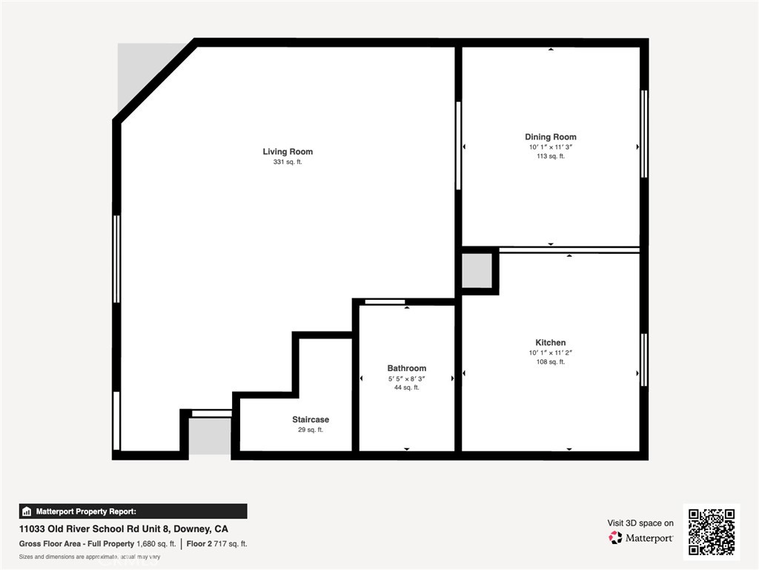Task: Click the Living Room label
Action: tap(288, 151)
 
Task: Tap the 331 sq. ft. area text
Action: tap(288, 162)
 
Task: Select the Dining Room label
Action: tap(550, 137)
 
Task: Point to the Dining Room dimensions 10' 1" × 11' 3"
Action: tap(550, 147)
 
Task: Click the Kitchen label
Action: tap(550, 342)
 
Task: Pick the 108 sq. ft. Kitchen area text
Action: tap(550, 361)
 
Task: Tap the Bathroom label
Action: tap(406, 368)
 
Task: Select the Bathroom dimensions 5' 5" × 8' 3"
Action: tap(406, 379)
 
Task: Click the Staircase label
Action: tap(310, 419)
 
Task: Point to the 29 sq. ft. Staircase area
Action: tap(310, 430)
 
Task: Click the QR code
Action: tap(711, 531)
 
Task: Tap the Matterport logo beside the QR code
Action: tap(641, 537)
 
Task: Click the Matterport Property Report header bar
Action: tap(133, 511)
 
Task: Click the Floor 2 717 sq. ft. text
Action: tap(217, 544)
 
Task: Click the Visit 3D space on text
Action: tap(640, 523)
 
